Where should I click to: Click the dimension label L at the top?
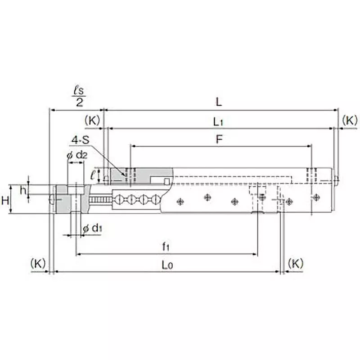(x=218, y=102)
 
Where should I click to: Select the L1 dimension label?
(x=218, y=121)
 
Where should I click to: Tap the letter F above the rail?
(x=219, y=139)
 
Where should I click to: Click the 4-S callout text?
(x=80, y=140)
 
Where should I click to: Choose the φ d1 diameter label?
(x=92, y=229)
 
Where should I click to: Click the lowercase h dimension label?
(x=22, y=190)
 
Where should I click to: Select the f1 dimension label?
(x=166, y=247)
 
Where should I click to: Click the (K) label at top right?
(x=349, y=120)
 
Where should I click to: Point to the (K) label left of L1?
(x=92, y=120)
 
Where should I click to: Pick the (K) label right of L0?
(x=295, y=263)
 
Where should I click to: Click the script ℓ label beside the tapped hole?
(x=93, y=175)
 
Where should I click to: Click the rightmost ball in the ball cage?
(x=155, y=200)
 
